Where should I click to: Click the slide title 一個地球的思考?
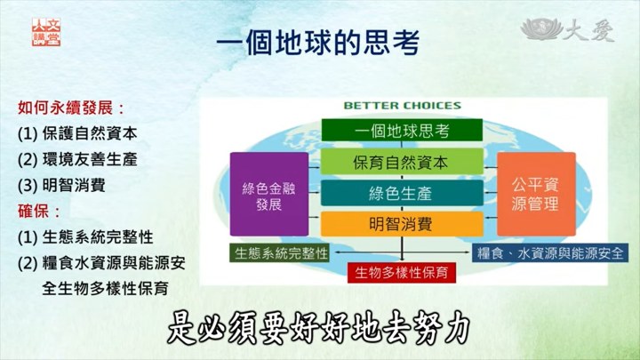pyautogui.click(x=318, y=43)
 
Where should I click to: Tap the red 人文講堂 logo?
pyautogui.click(x=46, y=32)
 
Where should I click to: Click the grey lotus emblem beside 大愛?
pyautogui.click(x=541, y=28)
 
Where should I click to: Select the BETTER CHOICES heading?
pyautogui.click(x=403, y=105)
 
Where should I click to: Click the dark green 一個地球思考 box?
pyautogui.click(x=402, y=130)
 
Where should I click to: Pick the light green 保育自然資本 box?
pyautogui.click(x=402, y=163)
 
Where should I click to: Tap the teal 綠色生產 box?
pyautogui.click(x=402, y=193)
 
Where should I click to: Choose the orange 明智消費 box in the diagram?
pyautogui.click(x=402, y=224)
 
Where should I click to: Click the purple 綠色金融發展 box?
pyautogui.click(x=269, y=195)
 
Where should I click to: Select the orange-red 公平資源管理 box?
pyautogui.click(x=536, y=195)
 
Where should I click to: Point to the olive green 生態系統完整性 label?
pyautogui.click(x=280, y=253)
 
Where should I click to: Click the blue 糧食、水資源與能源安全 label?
pyautogui.click(x=550, y=253)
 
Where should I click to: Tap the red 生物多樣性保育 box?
pyautogui.click(x=402, y=272)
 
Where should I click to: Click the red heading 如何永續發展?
pyautogui.click(x=71, y=108)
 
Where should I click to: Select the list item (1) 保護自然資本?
pyautogui.click(x=77, y=133)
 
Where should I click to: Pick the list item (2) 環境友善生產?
pyautogui.click(x=77, y=159)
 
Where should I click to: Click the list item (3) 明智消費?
pyautogui.click(x=61, y=185)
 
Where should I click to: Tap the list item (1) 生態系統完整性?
pyautogui.click(x=85, y=236)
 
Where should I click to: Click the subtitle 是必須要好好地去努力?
pyautogui.click(x=319, y=328)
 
